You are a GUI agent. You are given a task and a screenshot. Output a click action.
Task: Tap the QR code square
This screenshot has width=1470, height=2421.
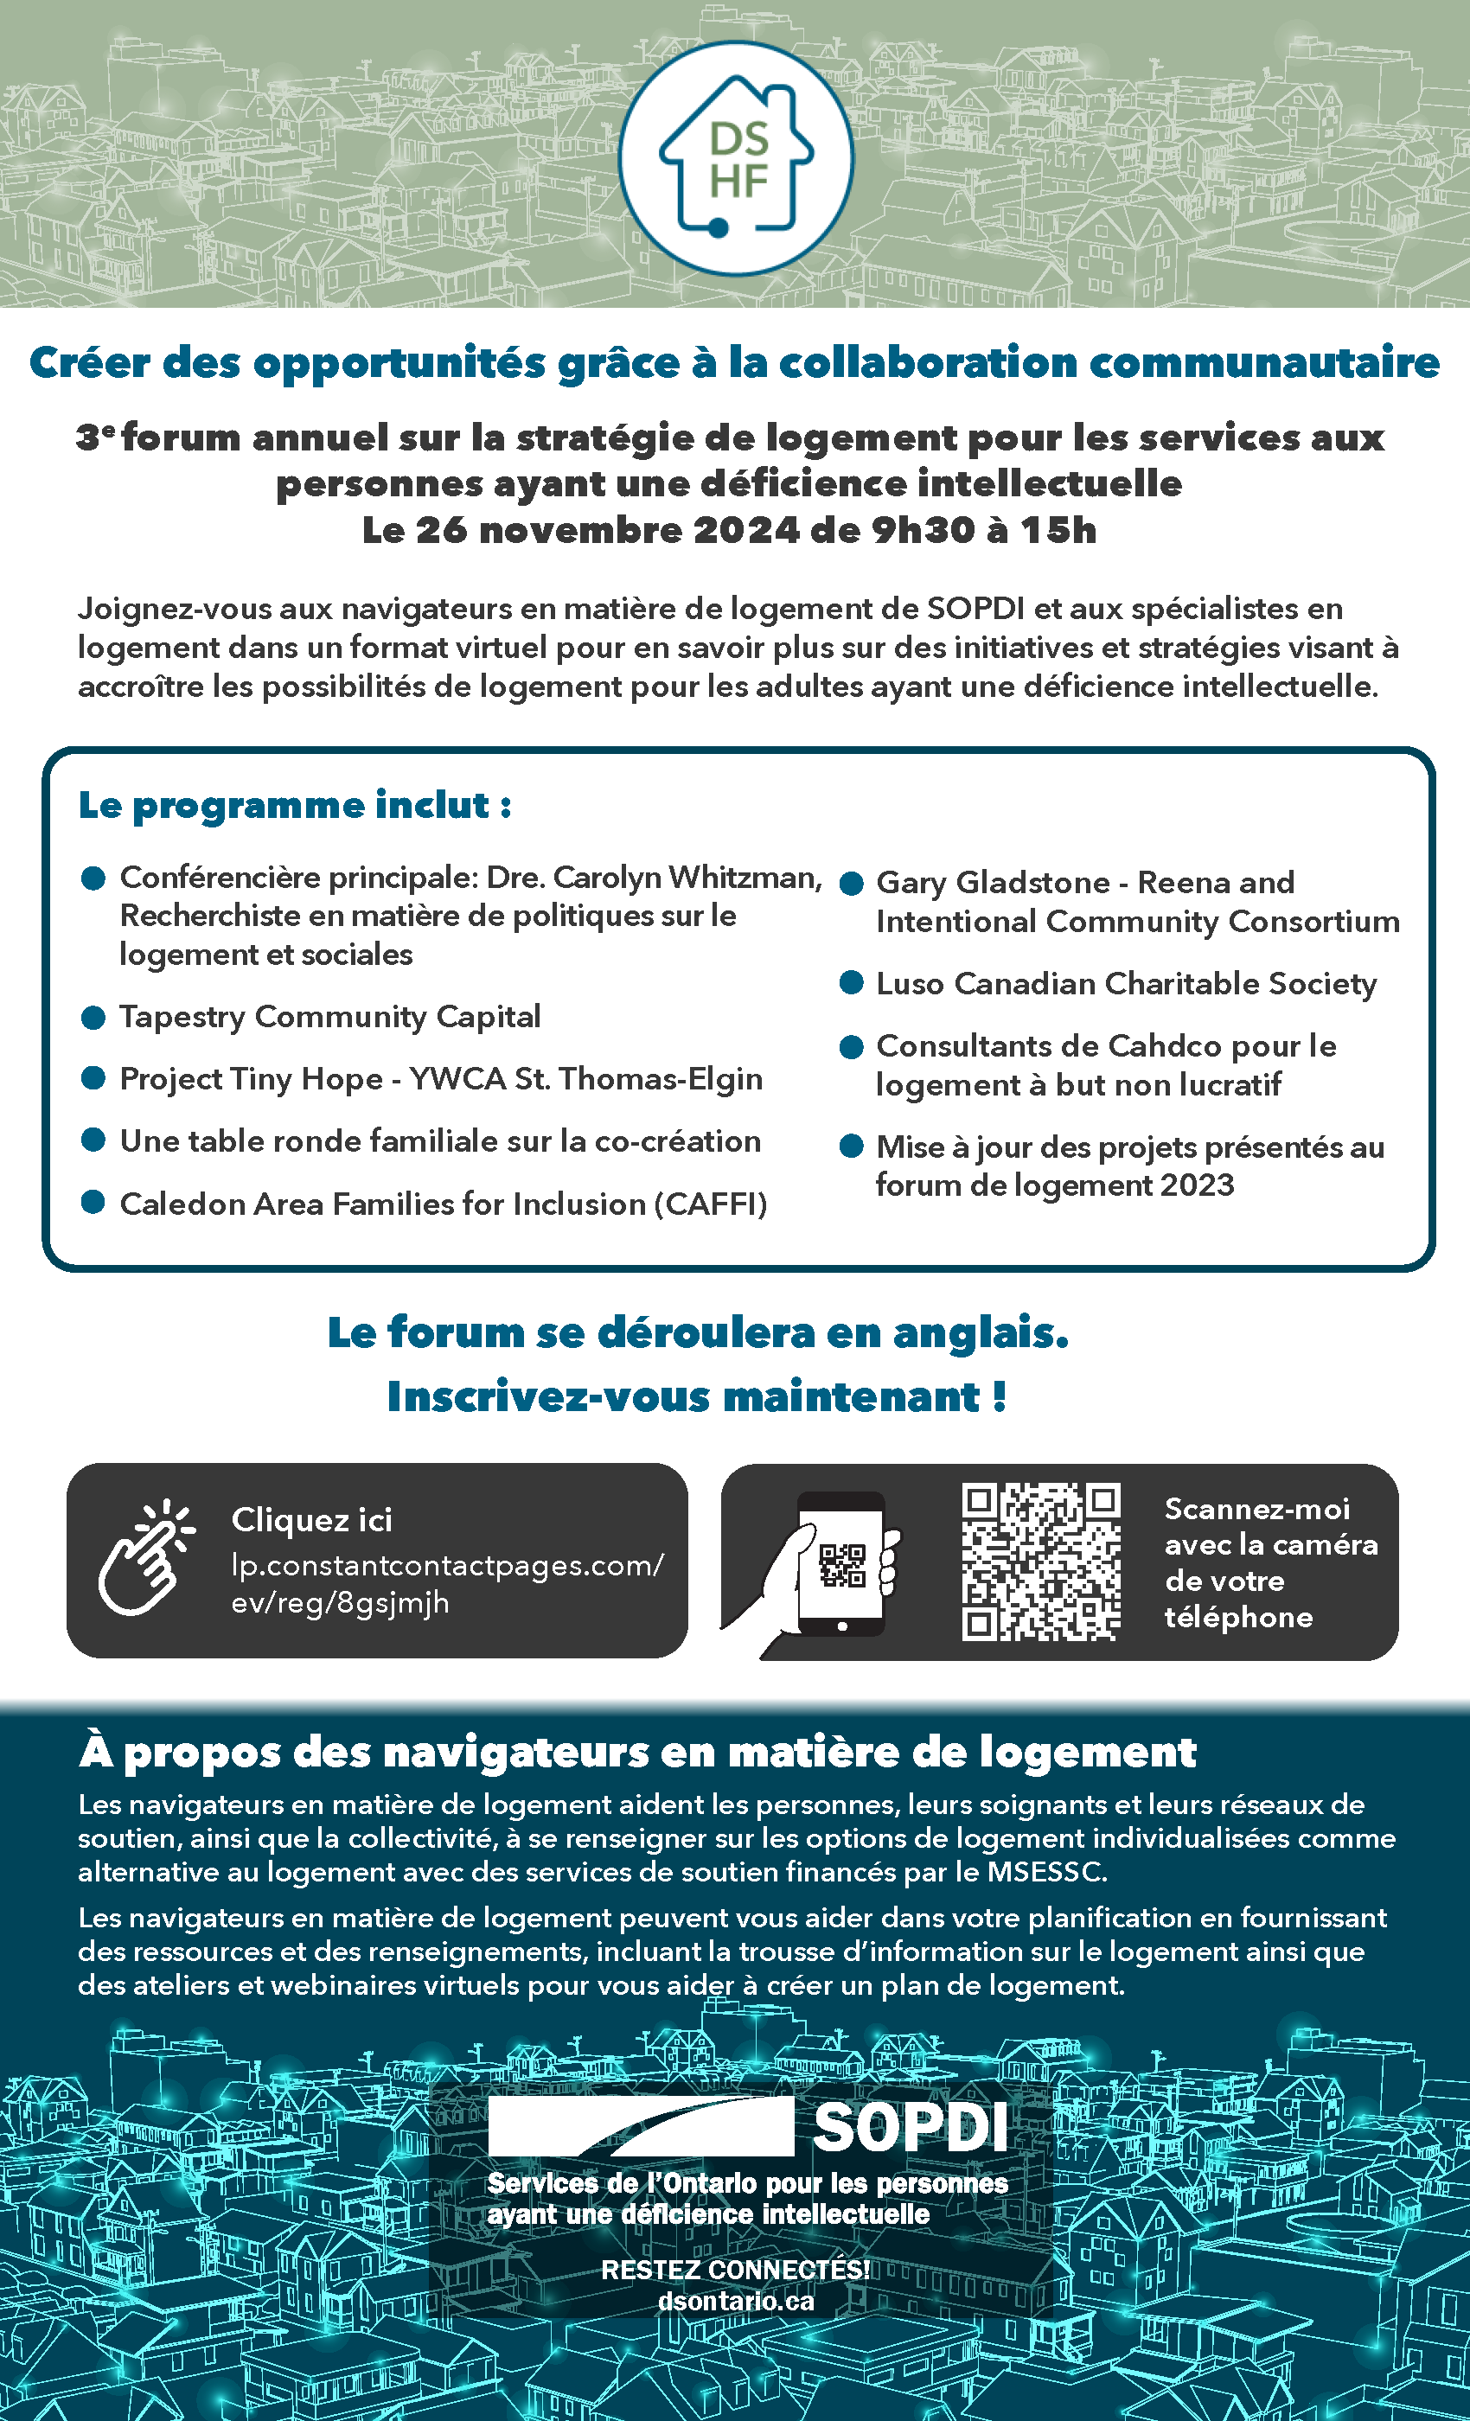tap(1040, 1562)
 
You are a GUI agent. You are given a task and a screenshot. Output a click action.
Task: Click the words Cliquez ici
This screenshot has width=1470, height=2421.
tap(311, 1520)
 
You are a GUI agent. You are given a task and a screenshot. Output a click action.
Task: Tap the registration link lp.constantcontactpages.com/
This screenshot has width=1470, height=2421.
tap(447, 1564)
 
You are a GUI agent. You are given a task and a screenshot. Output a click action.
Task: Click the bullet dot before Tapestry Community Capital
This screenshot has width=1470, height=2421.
tap(93, 1017)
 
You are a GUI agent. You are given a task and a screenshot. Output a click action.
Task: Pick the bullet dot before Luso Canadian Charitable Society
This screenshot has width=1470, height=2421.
tap(851, 982)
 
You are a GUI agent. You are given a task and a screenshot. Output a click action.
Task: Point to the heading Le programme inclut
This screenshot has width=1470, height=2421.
tap(294, 805)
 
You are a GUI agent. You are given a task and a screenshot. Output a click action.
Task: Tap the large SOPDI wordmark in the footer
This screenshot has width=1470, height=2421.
tap(910, 2127)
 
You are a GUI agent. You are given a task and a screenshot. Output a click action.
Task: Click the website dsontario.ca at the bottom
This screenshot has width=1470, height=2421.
tap(736, 2301)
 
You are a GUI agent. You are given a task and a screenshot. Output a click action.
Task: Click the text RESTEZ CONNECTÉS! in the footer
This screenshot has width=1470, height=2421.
tap(735, 2270)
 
